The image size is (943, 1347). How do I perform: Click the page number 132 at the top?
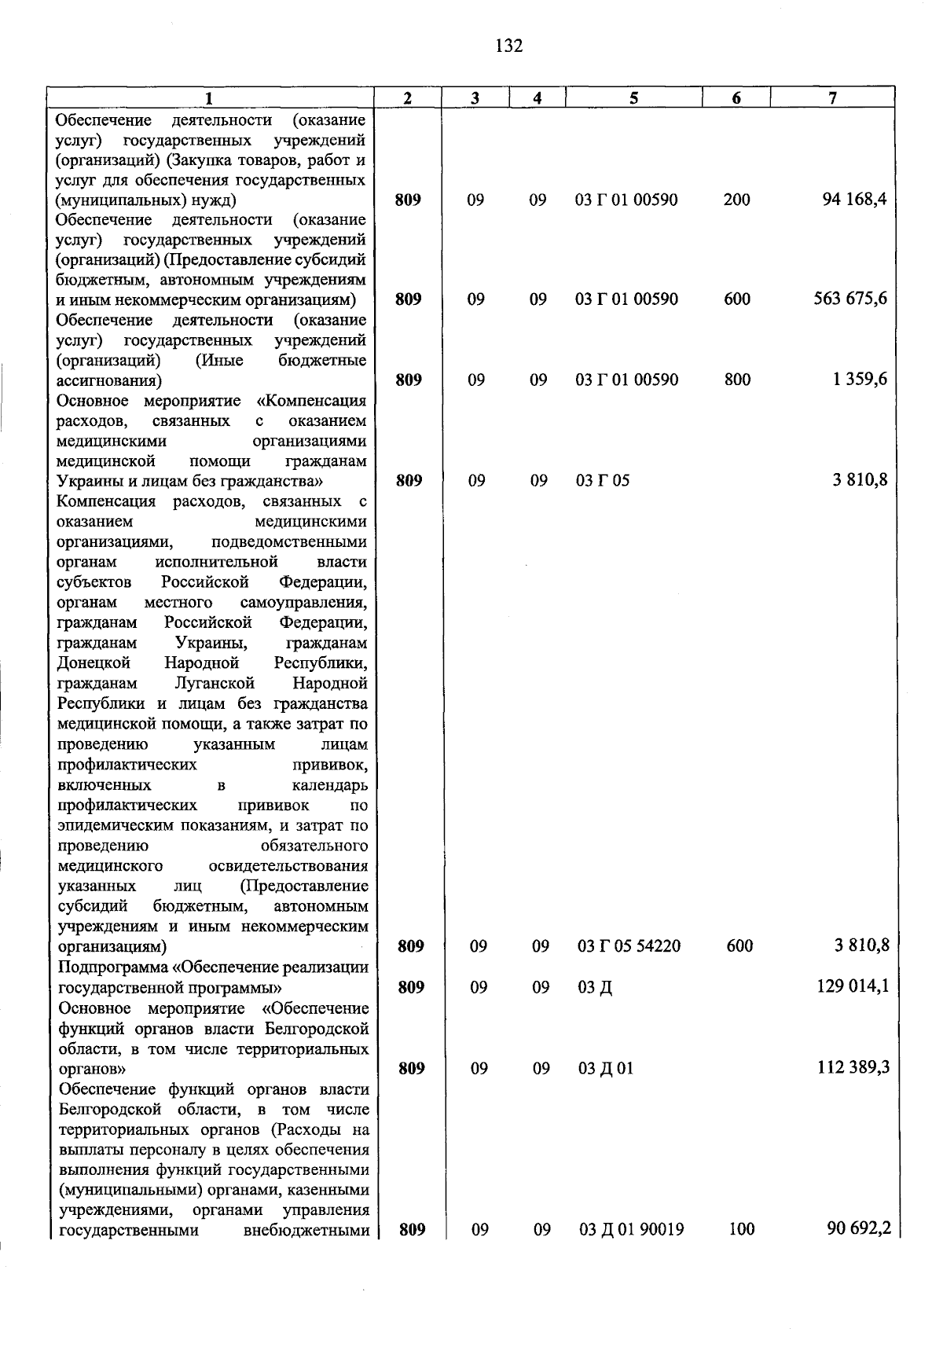508,46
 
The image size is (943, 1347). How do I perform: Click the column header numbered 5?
633,98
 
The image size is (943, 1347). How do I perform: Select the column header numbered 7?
832,98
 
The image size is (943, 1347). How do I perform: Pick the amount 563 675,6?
850,299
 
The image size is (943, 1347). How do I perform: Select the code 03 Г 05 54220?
629,946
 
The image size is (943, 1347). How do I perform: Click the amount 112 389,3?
853,1067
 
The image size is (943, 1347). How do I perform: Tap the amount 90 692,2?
858,1228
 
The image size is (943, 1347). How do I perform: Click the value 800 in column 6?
737,380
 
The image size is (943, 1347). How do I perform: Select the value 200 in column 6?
737,200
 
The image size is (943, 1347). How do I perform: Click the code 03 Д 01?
605,1068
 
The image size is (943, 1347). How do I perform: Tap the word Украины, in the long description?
212,643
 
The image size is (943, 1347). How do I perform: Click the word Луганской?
215,684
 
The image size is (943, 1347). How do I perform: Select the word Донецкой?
94,663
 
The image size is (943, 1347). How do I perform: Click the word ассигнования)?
109,381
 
